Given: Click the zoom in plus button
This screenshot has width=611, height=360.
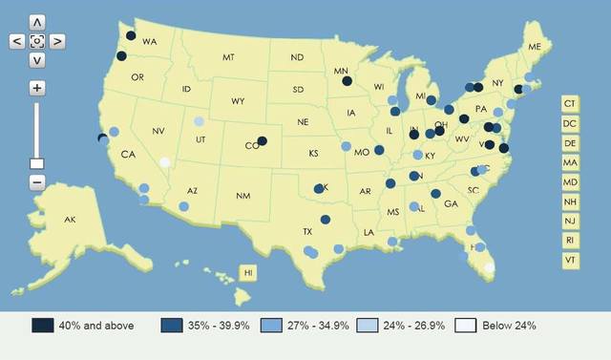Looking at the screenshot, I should (36, 88).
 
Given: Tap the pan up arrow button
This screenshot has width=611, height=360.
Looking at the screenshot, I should (36, 21).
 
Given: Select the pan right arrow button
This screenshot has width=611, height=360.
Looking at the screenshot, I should (57, 41).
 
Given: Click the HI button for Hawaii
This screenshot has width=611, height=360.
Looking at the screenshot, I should (248, 273).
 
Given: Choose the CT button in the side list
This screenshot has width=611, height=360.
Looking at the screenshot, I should (570, 103).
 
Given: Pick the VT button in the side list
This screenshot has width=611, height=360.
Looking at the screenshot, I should (570, 260).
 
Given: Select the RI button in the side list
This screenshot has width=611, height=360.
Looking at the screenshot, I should (570, 240).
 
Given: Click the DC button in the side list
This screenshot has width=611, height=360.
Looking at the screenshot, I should (570, 123).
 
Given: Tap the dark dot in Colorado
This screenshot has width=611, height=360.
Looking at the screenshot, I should (263, 141).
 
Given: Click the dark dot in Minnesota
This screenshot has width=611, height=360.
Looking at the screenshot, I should (348, 82).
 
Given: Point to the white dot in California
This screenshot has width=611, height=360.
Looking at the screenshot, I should (164, 162).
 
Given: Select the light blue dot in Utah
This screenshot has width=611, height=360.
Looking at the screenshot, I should (199, 121).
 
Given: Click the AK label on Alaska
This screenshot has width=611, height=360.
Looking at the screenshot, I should (70, 221).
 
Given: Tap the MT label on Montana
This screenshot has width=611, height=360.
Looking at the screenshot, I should (228, 57).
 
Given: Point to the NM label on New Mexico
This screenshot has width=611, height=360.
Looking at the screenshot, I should (243, 196).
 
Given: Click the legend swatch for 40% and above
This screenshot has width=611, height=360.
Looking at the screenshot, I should (43, 326).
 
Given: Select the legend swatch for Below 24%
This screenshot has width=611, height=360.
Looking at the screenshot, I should (465, 326).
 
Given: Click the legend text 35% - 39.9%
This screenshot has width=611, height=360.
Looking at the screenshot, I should (219, 326).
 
